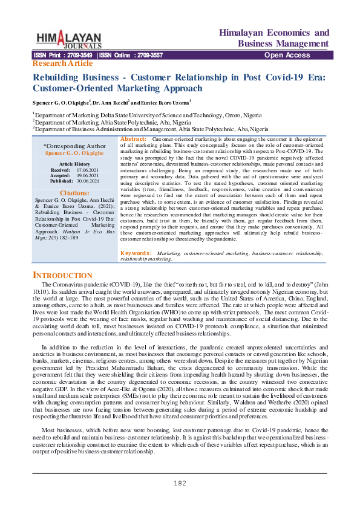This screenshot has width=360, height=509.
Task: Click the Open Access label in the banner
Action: coord(287,55)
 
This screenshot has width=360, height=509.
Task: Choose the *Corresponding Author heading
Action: coord(74,146)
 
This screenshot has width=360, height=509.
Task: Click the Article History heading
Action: coord(75,164)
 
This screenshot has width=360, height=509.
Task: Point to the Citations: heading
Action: coord(75,193)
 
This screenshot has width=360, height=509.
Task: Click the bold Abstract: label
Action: coord(134,139)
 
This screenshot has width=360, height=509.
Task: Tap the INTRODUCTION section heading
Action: coord(62,275)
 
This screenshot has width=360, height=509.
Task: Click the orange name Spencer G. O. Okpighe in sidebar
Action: coord(75,153)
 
